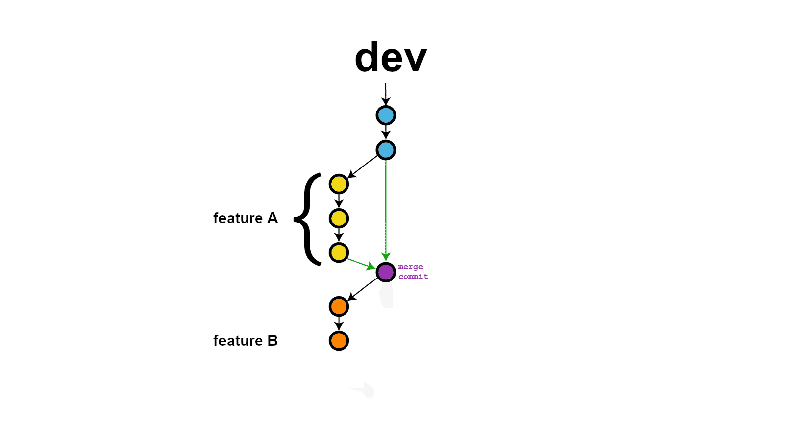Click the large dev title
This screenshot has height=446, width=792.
pyautogui.click(x=391, y=57)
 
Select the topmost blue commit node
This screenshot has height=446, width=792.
pyautogui.click(x=386, y=115)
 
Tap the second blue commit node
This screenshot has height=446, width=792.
pyautogui.click(x=386, y=150)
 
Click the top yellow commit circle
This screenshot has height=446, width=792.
pyautogui.click(x=339, y=184)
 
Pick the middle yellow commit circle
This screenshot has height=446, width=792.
pyautogui.click(x=339, y=219)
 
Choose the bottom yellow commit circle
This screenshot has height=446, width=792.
pyautogui.click(x=339, y=253)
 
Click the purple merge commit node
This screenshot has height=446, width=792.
pyautogui.click(x=386, y=272)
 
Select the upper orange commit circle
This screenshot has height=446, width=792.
pyautogui.click(x=339, y=307)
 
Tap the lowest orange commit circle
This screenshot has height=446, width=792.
pyautogui.click(x=339, y=341)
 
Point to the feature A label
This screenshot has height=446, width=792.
pyautogui.click(x=245, y=218)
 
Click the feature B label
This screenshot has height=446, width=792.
pyautogui.click(x=245, y=341)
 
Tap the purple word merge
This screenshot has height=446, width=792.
pyautogui.click(x=410, y=267)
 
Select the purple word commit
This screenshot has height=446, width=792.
pyautogui.click(x=413, y=277)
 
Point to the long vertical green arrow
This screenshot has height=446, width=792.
pyautogui.click(x=386, y=208)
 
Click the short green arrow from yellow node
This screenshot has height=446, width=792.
pyautogui.click(x=360, y=263)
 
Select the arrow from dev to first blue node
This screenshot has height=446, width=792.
pyautogui.click(x=386, y=94)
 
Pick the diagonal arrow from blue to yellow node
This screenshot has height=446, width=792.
pyautogui.click(x=362, y=167)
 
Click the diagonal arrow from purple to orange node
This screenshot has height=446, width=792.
pyautogui.click(x=362, y=289)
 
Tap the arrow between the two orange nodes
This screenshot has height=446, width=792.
pyautogui.click(x=339, y=324)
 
